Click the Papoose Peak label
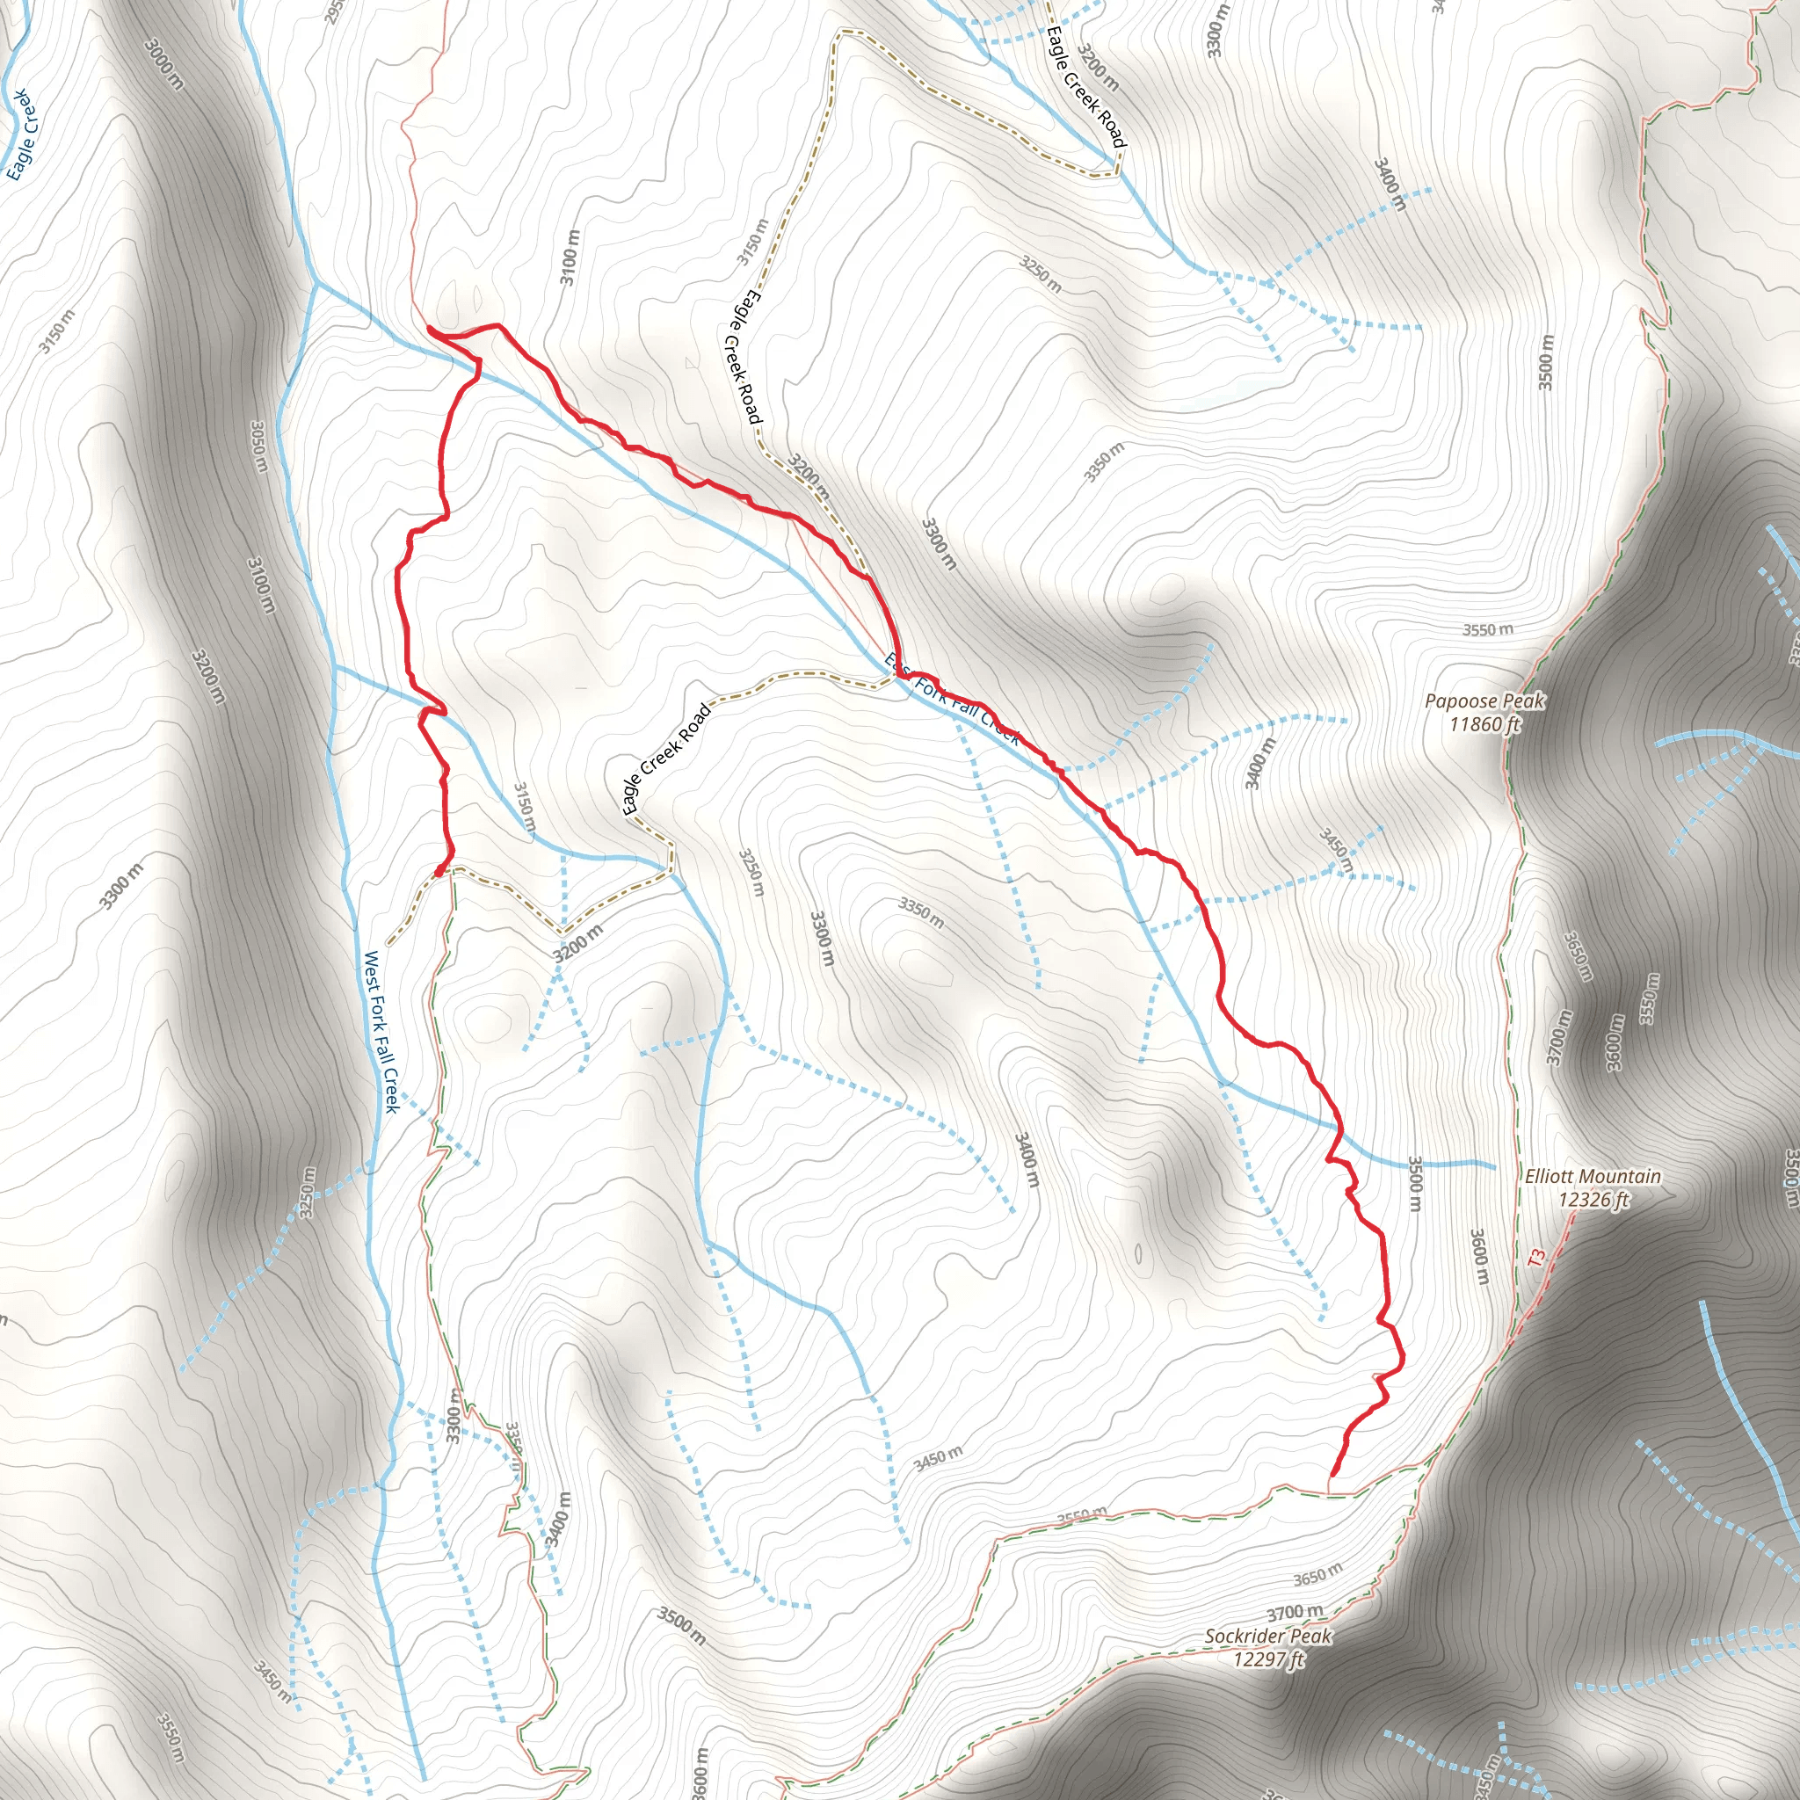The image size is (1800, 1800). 1485,700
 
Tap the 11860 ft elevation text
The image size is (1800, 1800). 1485,723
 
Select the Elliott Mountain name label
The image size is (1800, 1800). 1593,1177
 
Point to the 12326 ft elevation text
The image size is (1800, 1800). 1593,1199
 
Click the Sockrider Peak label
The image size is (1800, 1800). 1268,1636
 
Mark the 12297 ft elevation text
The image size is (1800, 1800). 1268,1658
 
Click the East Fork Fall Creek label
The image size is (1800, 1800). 952,699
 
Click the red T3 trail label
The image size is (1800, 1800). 1536,1257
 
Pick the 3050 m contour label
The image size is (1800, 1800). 259,446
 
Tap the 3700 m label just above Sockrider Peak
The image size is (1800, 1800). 1294,1613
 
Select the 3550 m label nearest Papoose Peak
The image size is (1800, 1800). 1487,630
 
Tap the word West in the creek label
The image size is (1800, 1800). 370,969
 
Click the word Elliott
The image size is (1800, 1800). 1548,1177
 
